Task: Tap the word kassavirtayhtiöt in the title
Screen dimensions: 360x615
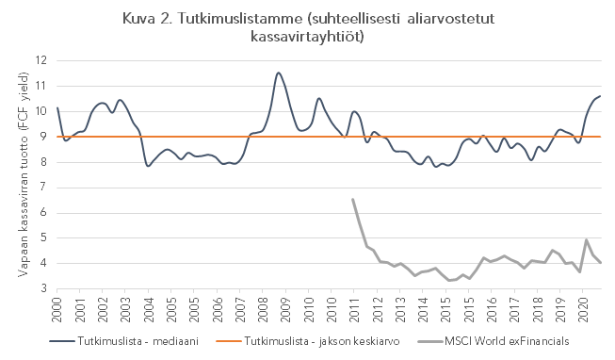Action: coord(307,37)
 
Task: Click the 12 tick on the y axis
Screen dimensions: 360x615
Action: coord(40,60)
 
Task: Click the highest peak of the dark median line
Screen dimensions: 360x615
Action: coord(278,73)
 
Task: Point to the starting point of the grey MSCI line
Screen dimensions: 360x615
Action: coord(352,199)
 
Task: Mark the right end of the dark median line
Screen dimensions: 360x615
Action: coord(601,96)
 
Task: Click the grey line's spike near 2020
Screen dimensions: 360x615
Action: coord(587,239)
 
